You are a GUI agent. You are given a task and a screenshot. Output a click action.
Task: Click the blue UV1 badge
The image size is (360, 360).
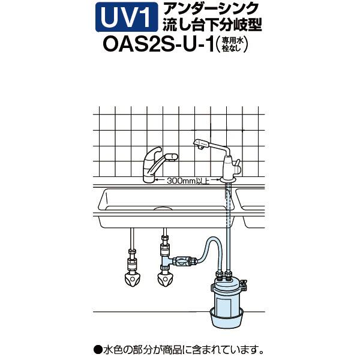point(127,17)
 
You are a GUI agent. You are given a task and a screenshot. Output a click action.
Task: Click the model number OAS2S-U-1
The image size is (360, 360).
point(158,44)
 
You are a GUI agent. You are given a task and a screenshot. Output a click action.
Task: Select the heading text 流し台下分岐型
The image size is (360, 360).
point(212,24)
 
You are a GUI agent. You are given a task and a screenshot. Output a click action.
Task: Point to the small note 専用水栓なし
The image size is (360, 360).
point(232,45)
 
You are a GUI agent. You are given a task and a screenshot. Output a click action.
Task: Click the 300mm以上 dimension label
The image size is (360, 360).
point(188,181)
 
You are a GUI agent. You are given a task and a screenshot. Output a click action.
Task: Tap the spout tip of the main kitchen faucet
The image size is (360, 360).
point(172,157)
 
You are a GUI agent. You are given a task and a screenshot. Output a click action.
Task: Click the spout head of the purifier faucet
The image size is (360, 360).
point(201,144)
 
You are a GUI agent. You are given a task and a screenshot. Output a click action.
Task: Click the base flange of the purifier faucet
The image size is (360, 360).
point(228,180)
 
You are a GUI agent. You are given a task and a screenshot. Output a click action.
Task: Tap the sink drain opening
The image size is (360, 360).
point(163,208)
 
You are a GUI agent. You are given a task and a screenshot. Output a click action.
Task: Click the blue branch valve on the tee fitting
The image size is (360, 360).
point(184,262)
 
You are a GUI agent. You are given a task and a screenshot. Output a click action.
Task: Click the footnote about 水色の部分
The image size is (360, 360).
point(179,350)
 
